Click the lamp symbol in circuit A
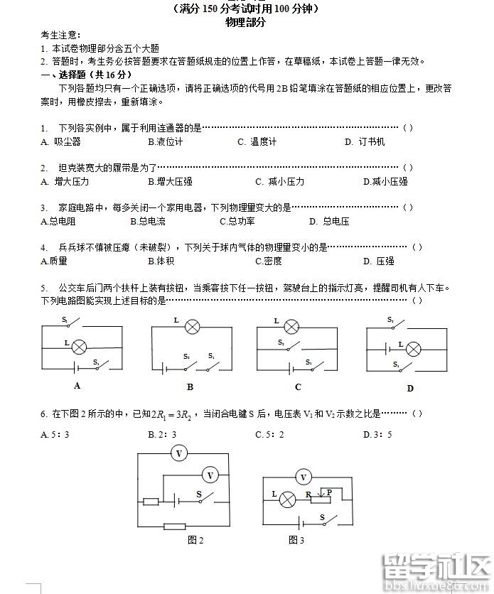click(x=80, y=347)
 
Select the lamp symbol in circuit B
click(x=191, y=326)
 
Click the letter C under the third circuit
click(x=298, y=387)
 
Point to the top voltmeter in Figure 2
click(x=180, y=453)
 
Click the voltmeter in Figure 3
click(x=304, y=477)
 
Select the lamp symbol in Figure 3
click(x=287, y=499)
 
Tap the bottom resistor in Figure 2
click(x=174, y=526)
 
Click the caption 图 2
click(x=195, y=540)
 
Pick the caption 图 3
click(x=296, y=540)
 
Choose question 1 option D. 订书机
click(x=365, y=142)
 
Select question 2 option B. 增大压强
click(x=170, y=182)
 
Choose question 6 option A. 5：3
click(x=55, y=434)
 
